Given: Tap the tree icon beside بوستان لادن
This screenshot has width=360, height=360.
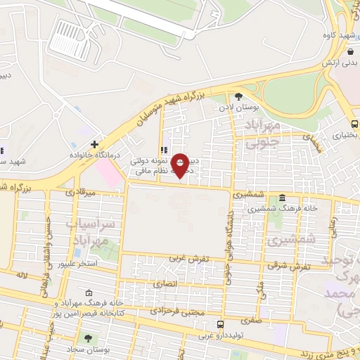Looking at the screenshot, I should (238, 96).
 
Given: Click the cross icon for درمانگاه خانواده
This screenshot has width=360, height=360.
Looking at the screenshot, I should (94, 144).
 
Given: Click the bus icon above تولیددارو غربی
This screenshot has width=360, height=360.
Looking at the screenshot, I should (221, 324).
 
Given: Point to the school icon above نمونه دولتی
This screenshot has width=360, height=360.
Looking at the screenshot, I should (164, 150).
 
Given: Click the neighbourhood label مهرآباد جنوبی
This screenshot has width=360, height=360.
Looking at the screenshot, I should (265, 131).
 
